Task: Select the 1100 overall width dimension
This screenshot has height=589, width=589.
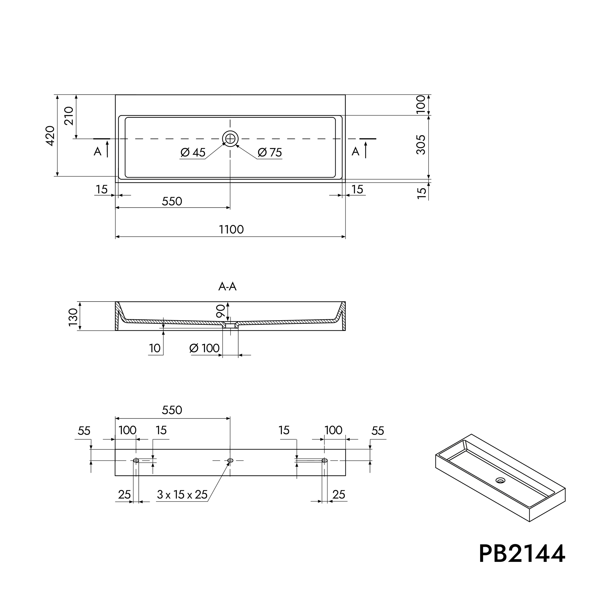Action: click(x=231, y=229)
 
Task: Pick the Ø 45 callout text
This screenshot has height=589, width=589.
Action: click(x=193, y=152)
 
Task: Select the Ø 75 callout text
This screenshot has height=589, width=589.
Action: click(x=270, y=152)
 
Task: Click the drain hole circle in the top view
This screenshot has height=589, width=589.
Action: click(x=230, y=139)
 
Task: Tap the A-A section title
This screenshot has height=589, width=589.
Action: click(x=227, y=286)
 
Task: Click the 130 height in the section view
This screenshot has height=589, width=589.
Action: click(x=73, y=317)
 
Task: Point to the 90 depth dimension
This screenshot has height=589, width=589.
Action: click(x=221, y=311)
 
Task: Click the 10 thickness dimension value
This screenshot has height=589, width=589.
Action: click(x=155, y=348)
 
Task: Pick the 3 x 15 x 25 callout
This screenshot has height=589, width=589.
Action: click(x=182, y=495)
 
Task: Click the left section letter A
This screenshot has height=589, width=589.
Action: click(x=97, y=151)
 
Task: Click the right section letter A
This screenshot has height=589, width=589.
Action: click(x=356, y=151)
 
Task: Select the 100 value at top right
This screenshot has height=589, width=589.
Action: click(x=421, y=104)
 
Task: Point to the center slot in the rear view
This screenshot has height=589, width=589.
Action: click(x=230, y=460)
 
